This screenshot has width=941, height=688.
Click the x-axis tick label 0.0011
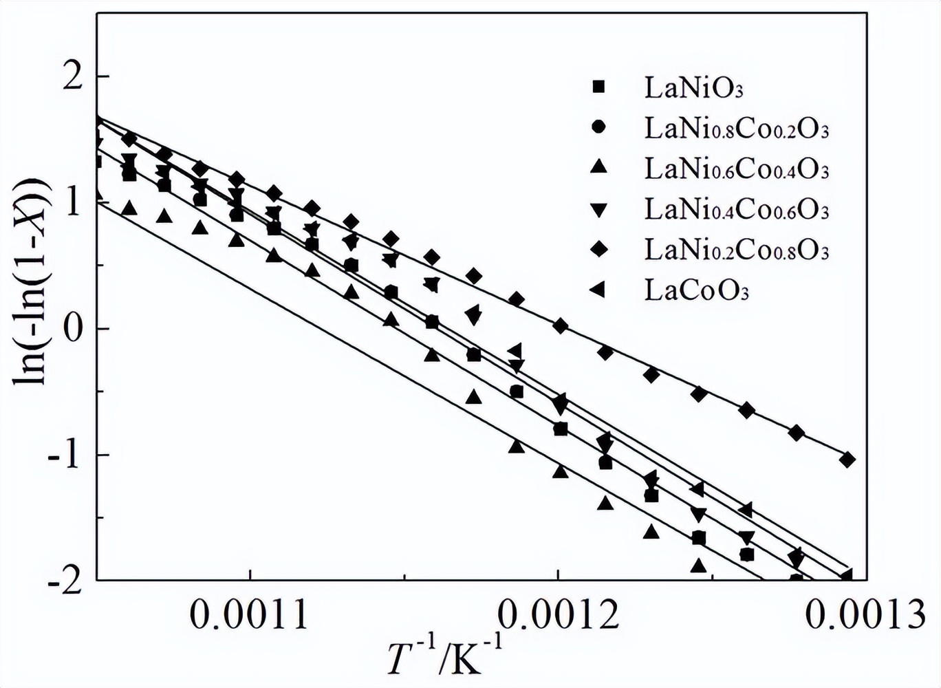coord(250,616)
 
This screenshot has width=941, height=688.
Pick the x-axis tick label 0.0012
coord(559,616)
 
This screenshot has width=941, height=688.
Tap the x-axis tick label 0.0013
coord(866,616)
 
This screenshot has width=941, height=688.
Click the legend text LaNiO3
coord(694,88)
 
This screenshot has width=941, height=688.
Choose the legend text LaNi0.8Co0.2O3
coord(737,129)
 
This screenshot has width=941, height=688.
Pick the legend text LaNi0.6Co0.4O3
coord(737,169)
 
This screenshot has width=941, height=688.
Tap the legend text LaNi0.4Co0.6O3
coord(737,210)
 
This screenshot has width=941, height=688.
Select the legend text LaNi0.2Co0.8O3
coord(737,250)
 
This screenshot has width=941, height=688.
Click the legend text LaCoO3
coord(696,291)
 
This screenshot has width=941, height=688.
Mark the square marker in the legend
coord(598,87)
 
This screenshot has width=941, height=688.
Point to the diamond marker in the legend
coord(598,250)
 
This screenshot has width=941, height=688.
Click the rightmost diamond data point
coord(847,460)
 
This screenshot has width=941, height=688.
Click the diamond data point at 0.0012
coord(560,326)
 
